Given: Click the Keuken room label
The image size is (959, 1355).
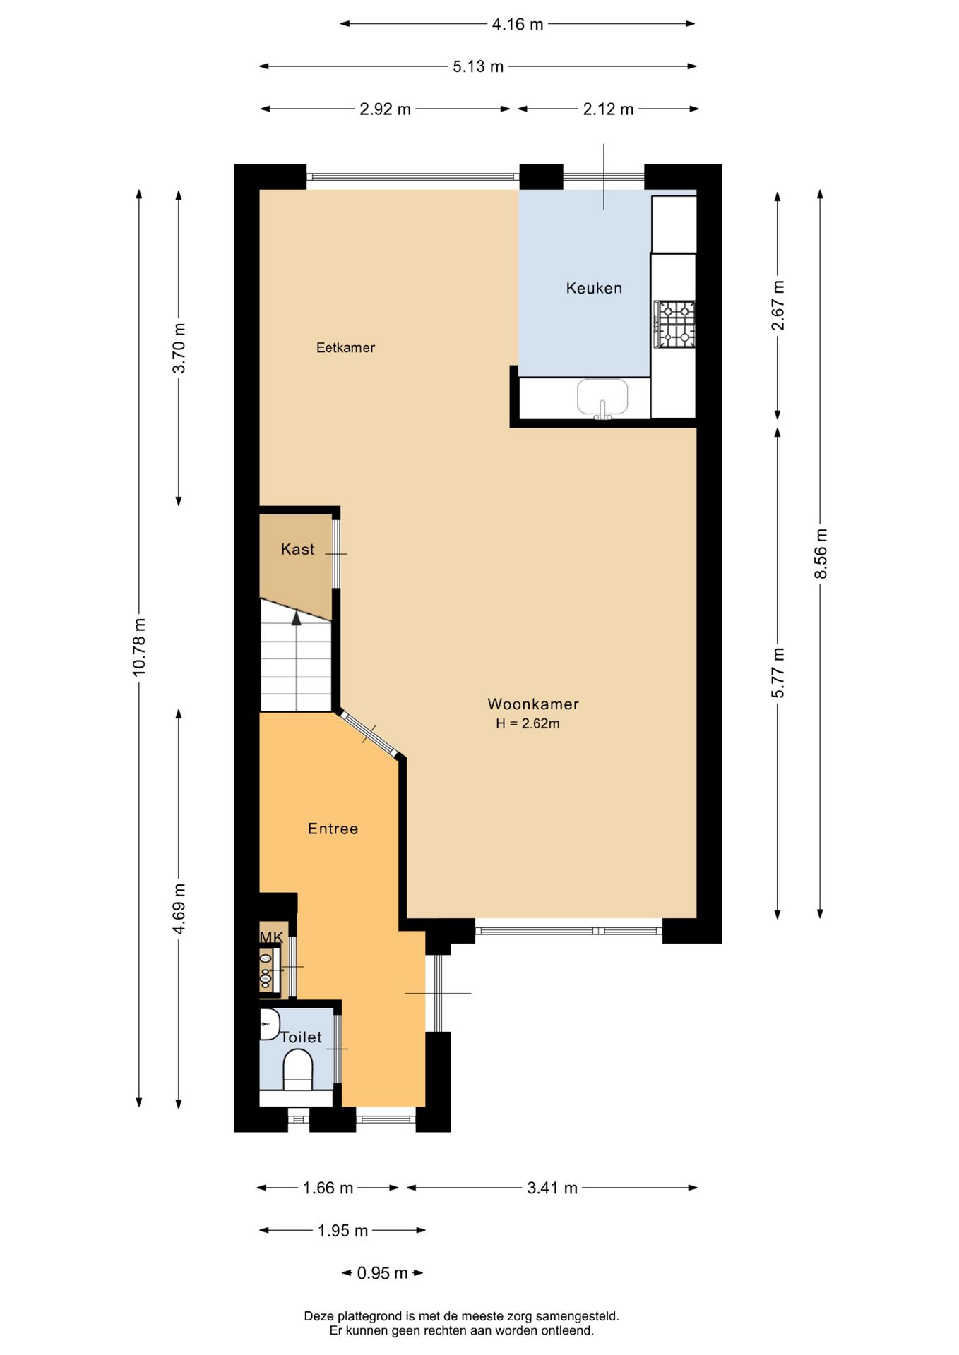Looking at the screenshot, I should coord(593,288).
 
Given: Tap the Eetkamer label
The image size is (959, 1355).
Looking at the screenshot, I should coord(345,347).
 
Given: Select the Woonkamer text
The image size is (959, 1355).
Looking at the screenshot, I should coord(532,704).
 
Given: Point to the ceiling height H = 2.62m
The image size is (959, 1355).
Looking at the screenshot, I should coord(528,723).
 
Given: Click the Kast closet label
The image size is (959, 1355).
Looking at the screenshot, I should coord(297,549).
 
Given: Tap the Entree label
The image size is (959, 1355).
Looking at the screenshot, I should coord(333,829).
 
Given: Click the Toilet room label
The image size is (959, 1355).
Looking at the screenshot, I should coord(302,1037).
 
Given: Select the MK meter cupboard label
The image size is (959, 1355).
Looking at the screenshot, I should coord(271,937).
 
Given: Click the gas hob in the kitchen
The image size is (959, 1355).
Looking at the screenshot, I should coord(675,324).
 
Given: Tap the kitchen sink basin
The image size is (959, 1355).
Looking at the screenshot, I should coord(602,397).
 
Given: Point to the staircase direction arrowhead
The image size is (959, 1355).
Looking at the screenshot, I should coord(297,618).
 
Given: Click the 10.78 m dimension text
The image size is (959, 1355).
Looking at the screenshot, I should coord(139,646).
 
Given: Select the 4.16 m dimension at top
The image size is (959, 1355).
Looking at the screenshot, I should coord(517,24).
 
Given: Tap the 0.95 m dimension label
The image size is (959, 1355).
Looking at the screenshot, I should coord(382,1272).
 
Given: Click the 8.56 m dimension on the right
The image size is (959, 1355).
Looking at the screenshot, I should coord(820,553).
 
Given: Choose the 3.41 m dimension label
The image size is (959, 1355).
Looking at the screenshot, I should coord(552,1188).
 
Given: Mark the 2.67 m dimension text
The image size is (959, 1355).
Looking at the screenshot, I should coord(778,305).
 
